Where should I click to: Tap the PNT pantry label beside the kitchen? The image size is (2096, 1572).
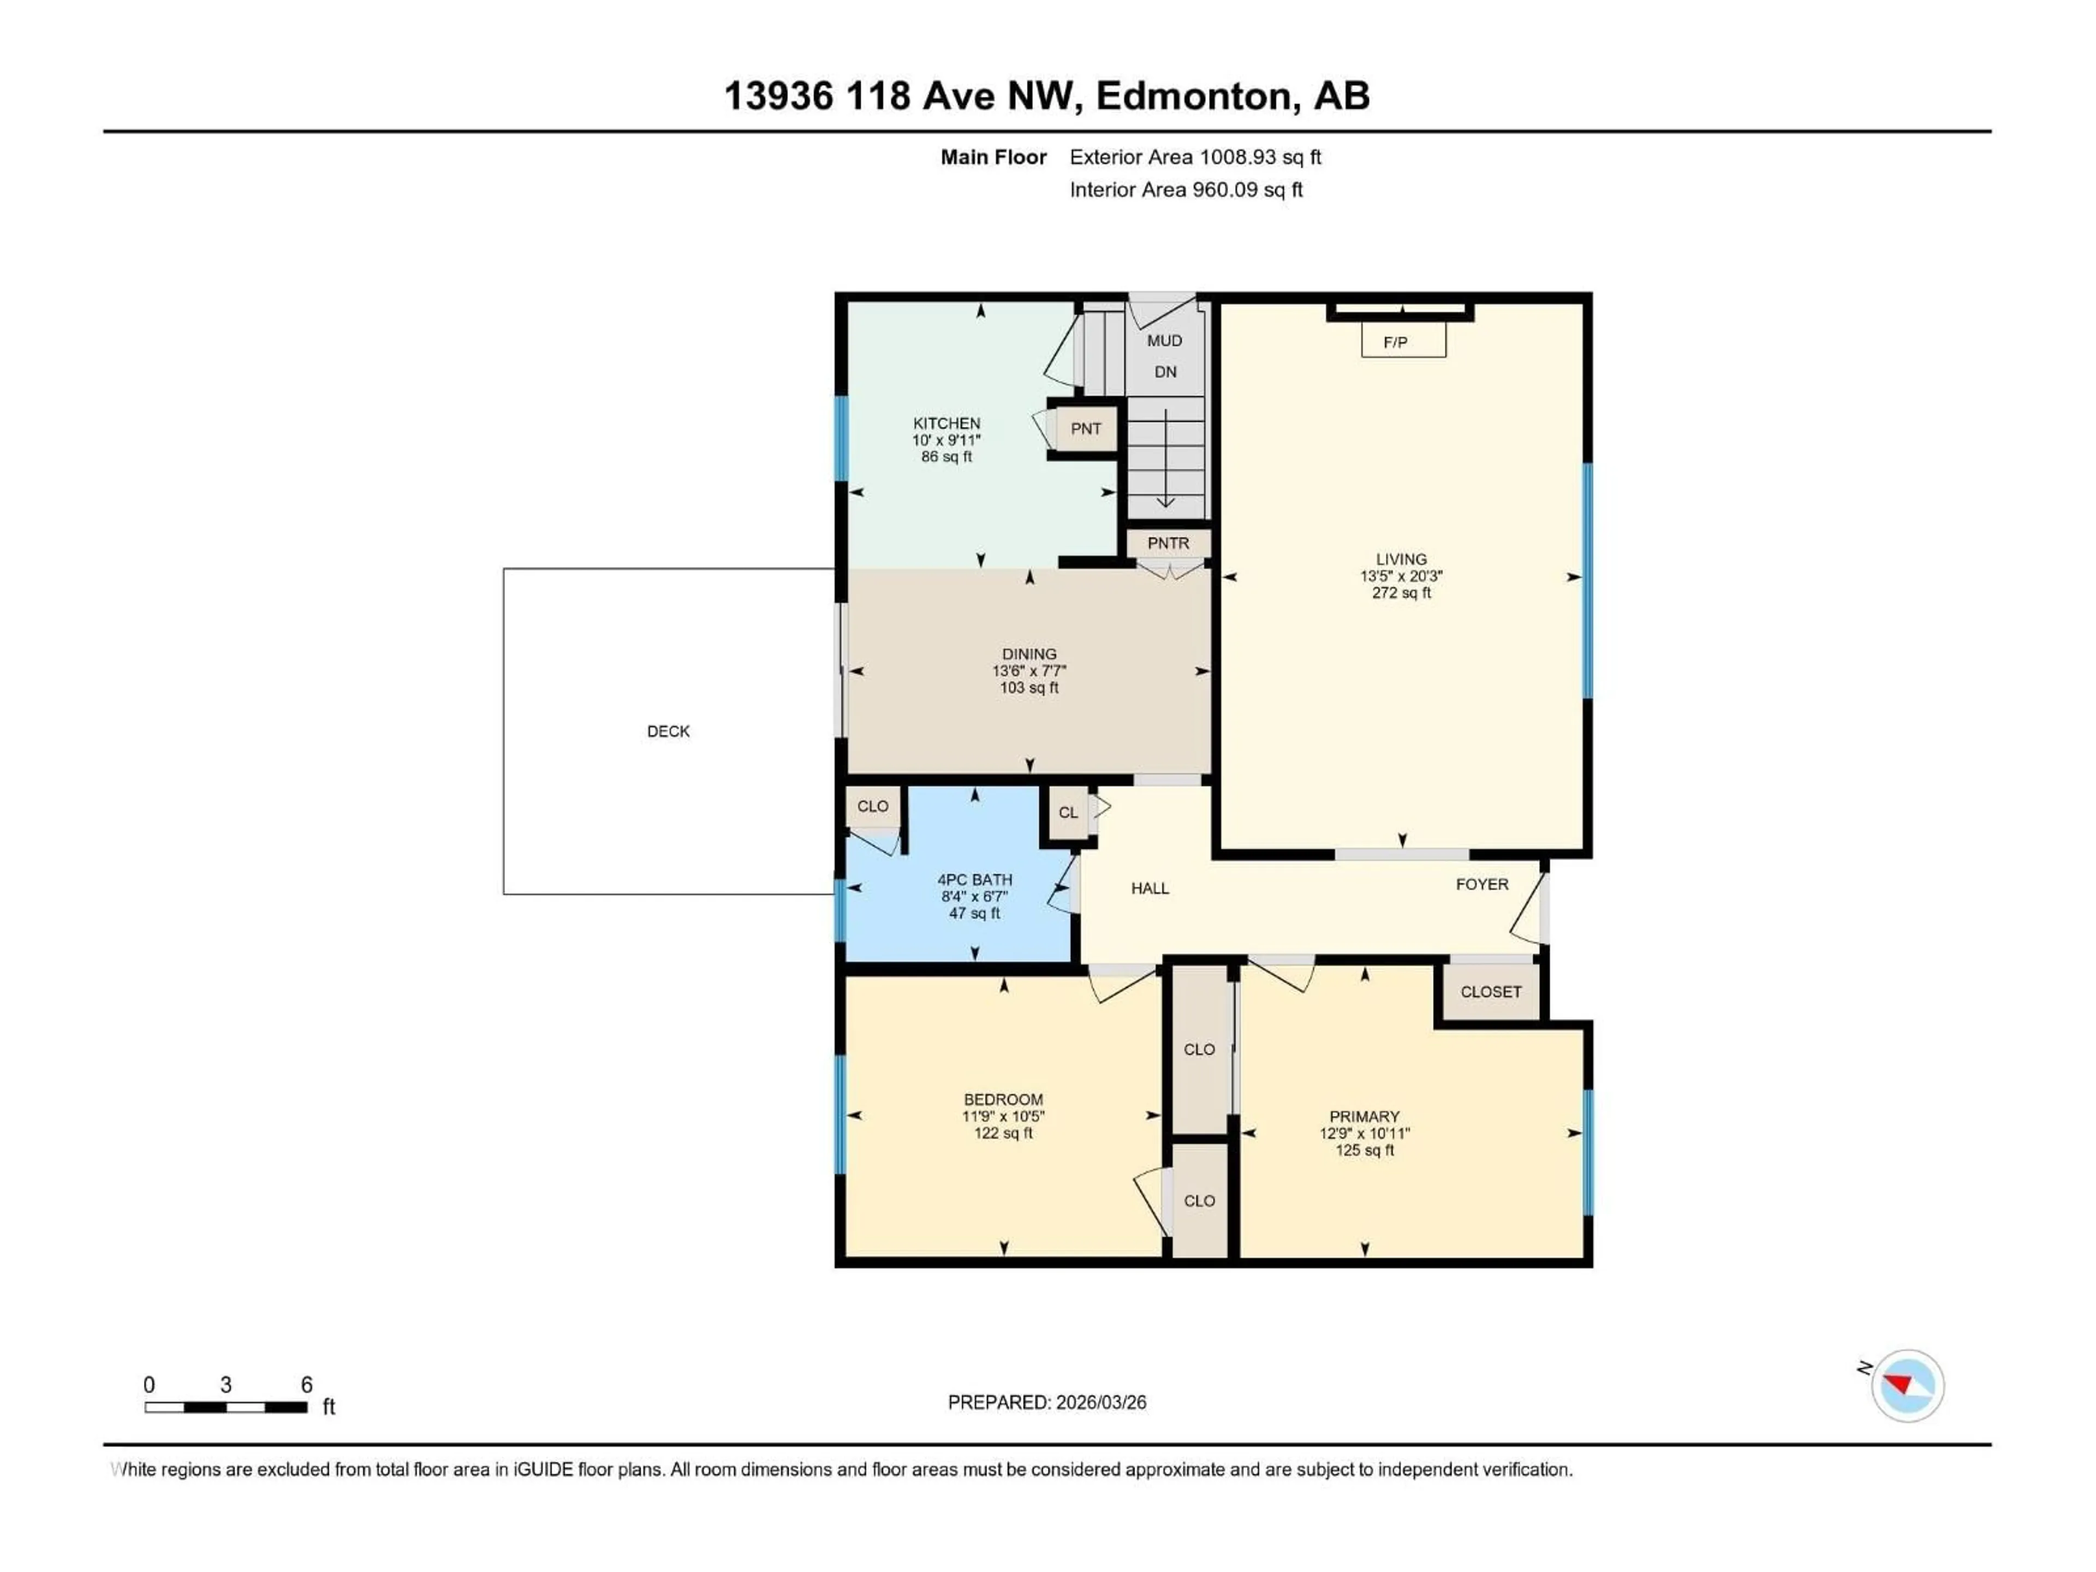(x=1086, y=428)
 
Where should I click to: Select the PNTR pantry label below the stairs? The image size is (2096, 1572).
(x=1168, y=543)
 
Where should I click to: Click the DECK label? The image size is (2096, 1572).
(x=668, y=730)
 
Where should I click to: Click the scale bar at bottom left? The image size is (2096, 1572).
(x=225, y=1407)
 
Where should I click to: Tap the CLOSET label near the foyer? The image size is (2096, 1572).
(x=1491, y=991)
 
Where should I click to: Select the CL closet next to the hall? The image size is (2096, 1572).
(x=1068, y=812)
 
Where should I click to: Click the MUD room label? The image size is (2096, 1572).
(x=1165, y=340)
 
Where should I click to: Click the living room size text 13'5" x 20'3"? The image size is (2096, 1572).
(x=1401, y=576)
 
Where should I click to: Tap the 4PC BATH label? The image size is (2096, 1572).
(x=974, y=879)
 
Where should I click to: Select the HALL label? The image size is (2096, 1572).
(x=1150, y=888)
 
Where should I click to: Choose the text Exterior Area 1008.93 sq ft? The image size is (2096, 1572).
(x=1195, y=157)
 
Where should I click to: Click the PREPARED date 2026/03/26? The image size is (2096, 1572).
(x=1047, y=1402)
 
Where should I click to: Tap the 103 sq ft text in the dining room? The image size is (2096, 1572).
(x=1029, y=688)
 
